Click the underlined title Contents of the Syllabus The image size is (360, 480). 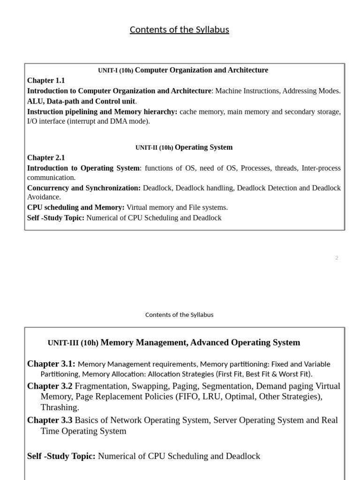tap(179, 30)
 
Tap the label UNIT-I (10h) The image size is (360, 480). tap(115, 70)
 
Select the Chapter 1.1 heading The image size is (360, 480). tap(46, 81)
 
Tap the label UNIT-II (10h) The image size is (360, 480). tap(154, 148)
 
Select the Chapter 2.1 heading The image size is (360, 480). tap(46, 157)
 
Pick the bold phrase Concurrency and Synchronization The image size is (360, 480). tap(83, 188)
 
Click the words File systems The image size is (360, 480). tap(211, 207)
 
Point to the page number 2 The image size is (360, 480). tap(337, 258)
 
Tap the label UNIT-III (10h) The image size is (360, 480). tap(73, 343)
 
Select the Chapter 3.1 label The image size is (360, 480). tap(51, 364)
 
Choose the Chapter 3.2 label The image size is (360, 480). tap(50, 386)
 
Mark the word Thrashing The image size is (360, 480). tap(60, 407)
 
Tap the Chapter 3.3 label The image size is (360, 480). tap(50, 420)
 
